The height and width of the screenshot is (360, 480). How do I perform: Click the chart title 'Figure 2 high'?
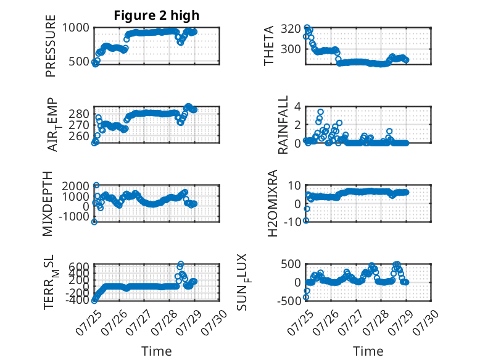click(x=157, y=15)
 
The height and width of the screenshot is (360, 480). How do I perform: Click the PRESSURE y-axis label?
click(x=51, y=46)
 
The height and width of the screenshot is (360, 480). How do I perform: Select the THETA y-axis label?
click(x=268, y=46)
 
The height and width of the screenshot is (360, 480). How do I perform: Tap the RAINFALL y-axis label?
click(x=283, y=124)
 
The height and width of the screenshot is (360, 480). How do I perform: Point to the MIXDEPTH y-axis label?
click(x=48, y=204)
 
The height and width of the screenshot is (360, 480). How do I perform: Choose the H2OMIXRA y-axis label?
click(x=272, y=203)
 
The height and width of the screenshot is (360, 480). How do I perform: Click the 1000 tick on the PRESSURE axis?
click(x=76, y=28)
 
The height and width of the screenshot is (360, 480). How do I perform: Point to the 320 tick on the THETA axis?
click(x=291, y=29)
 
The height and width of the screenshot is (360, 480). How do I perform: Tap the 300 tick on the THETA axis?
click(x=291, y=49)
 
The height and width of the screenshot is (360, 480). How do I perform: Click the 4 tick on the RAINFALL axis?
click(x=297, y=107)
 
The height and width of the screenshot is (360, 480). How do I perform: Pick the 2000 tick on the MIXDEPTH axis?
click(x=76, y=186)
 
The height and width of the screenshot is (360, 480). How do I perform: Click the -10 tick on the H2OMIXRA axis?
click(x=292, y=222)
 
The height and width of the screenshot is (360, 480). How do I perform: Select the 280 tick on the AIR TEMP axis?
click(x=79, y=114)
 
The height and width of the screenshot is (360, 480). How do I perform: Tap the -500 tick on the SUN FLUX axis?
click(x=289, y=301)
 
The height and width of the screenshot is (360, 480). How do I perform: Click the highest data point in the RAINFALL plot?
click(x=320, y=112)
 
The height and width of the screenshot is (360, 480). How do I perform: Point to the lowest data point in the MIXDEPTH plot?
click(x=94, y=222)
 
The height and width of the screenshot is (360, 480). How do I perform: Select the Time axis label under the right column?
click(x=368, y=351)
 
